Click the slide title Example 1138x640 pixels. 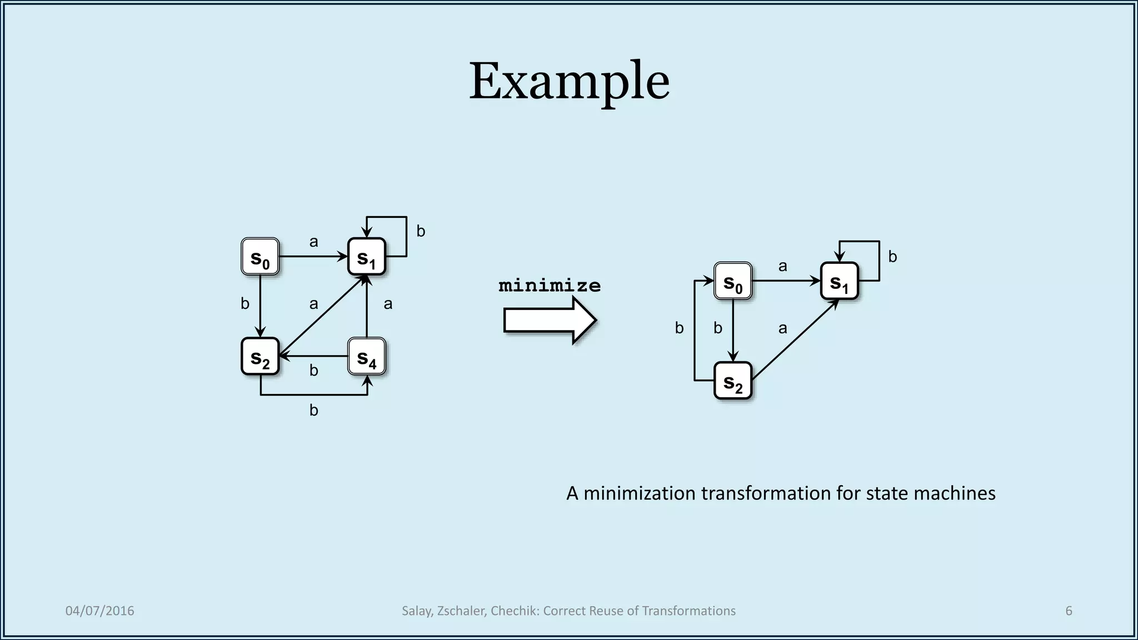click(569, 81)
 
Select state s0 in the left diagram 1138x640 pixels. click(260, 257)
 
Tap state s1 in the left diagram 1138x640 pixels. click(367, 257)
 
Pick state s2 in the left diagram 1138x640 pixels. click(260, 356)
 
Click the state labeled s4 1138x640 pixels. click(367, 356)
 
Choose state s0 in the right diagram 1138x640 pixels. click(733, 281)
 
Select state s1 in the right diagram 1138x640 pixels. click(840, 281)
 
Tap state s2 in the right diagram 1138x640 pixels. click(733, 381)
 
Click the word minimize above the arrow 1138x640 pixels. click(550, 286)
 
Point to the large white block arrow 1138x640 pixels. click(550, 321)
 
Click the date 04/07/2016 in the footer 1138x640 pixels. click(100, 611)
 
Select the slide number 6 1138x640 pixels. click(1069, 611)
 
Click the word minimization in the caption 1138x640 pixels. click(639, 493)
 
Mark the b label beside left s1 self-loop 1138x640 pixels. click(421, 232)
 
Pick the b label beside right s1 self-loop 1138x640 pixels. click(892, 257)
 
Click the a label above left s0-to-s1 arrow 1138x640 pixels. click(314, 242)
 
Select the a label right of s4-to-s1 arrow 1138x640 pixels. click(388, 304)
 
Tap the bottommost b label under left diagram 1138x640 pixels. click(314, 411)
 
